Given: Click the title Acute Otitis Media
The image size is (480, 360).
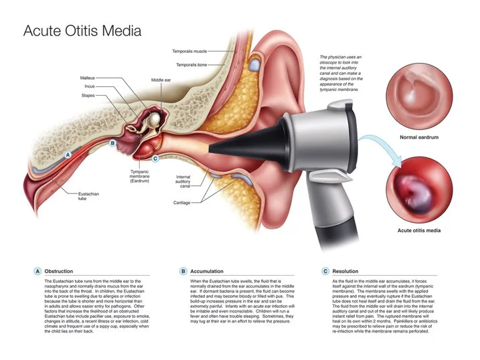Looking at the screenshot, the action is (x=82, y=31).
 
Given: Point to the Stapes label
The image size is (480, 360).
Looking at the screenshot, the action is (x=87, y=96).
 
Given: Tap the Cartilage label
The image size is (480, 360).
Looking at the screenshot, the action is (x=183, y=202).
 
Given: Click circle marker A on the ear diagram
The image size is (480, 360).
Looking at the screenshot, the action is (x=67, y=154).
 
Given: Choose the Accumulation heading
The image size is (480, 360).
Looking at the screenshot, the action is (x=207, y=271).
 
